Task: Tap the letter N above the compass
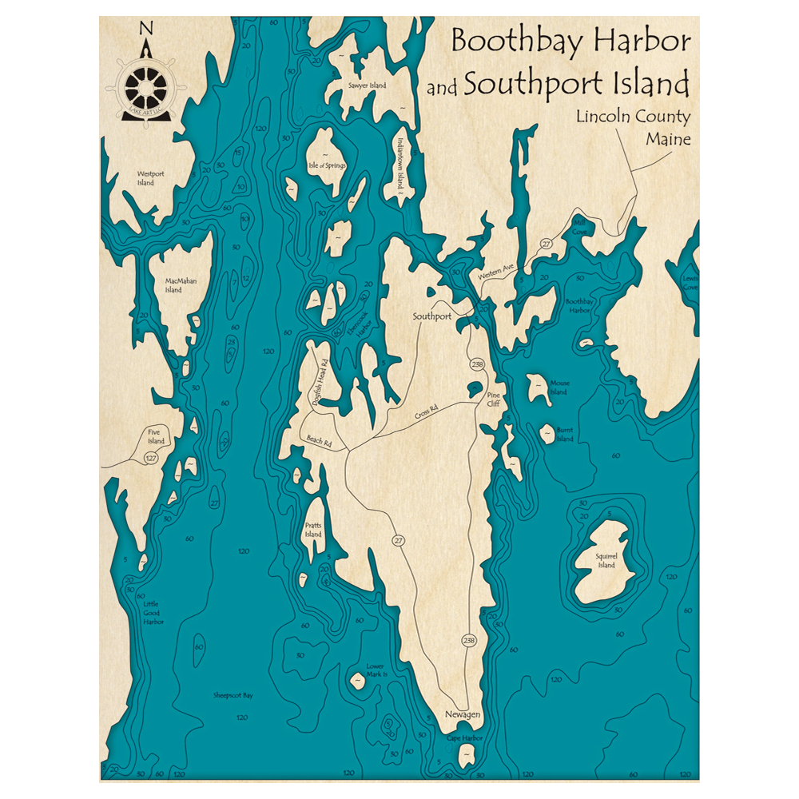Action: pyautogui.click(x=146, y=29)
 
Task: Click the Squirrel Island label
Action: pyautogui.click(x=606, y=560)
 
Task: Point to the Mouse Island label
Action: pyautogui.click(x=558, y=388)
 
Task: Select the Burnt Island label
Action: pyautogui.click(x=564, y=434)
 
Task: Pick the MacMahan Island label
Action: pyautogui.click(x=181, y=285)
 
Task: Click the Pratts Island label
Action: pyautogui.click(x=313, y=529)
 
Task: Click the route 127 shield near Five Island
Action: pyautogui.click(x=150, y=458)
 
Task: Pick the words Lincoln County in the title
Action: pyautogui.click(x=633, y=117)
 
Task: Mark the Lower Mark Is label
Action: pyautogui.click(x=376, y=670)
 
